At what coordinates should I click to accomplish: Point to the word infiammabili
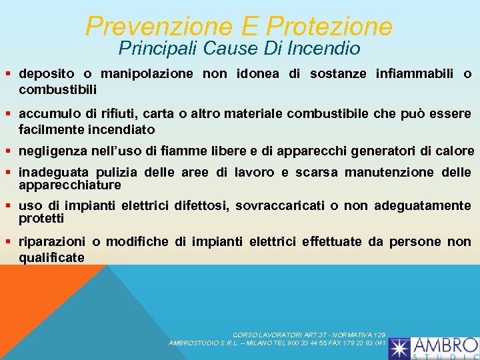pos(419,74)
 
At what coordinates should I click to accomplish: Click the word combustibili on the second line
pos(58,89)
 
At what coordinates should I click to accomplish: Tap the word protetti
pos(41,218)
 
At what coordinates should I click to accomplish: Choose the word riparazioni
pos(53,241)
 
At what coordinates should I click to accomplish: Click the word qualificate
pos(51,257)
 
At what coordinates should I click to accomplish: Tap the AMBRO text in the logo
pos(445,345)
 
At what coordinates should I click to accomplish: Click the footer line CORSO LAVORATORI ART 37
pos(310,334)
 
